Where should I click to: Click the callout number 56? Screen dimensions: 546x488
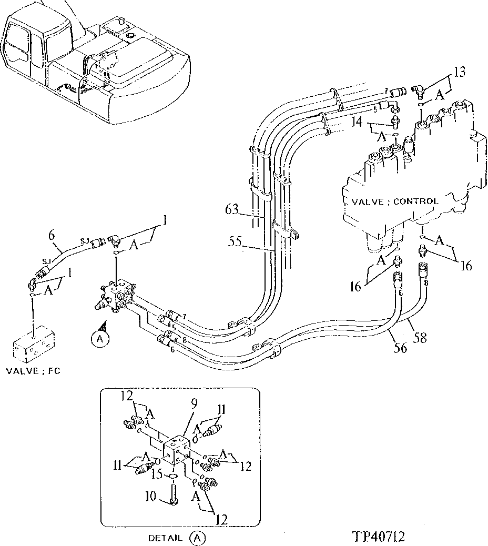tap(401, 348)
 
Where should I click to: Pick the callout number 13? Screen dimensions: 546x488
tap(459, 72)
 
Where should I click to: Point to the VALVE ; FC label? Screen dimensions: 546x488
tap(33, 371)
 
